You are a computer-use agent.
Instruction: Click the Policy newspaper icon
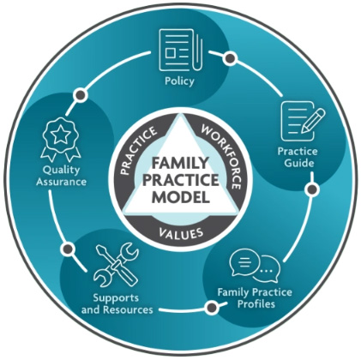coord(181,50)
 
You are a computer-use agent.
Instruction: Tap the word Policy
coord(179,81)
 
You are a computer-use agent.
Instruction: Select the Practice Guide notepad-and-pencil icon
coord(303,121)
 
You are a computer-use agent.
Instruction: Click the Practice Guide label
coord(298,157)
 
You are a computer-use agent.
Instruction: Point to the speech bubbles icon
coord(255,265)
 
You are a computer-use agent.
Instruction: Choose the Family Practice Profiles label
coord(255,297)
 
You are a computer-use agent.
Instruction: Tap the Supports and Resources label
coord(117,304)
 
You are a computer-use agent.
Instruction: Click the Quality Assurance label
coord(61,176)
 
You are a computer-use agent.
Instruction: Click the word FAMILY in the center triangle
coord(180,163)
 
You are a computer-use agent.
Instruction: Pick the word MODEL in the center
coord(180,197)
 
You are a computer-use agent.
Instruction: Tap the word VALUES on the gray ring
coord(181,233)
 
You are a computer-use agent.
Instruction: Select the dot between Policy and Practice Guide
coord(230,58)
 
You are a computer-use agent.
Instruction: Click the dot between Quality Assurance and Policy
coord(81,94)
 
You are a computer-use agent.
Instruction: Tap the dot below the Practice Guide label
coord(312,189)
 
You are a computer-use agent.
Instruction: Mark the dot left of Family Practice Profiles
coord(212,308)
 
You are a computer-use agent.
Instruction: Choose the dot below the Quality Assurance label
coord(69,249)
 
